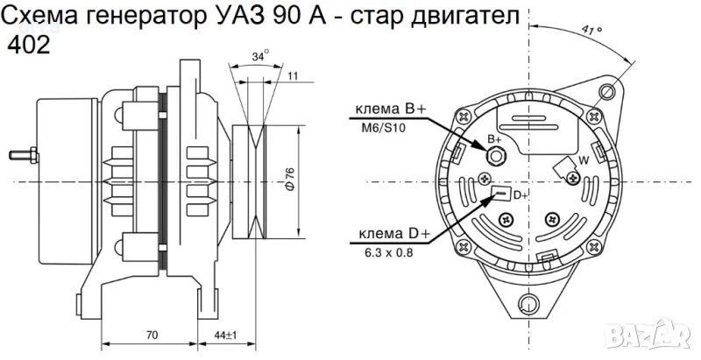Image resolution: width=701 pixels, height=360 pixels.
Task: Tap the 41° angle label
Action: [591, 30]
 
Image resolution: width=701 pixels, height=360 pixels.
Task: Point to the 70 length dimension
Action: [152, 335]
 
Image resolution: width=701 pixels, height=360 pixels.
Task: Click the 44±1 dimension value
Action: [225, 335]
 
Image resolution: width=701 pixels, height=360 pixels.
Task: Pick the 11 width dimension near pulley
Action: [293, 77]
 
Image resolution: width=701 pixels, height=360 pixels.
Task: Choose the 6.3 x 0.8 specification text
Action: [388, 253]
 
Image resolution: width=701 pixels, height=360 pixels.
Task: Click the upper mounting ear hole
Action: [605, 90]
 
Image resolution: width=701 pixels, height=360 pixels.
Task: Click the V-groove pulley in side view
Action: [258, 183]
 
